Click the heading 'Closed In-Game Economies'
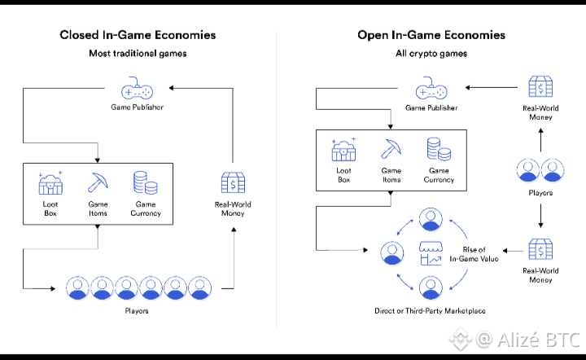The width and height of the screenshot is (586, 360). point(138,35)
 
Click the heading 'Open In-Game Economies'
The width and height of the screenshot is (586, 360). point(431,35)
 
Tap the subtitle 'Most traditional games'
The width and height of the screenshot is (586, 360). point(138,54)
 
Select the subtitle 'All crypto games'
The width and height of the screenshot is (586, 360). point(431,54)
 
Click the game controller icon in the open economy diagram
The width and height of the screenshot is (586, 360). point(431,89)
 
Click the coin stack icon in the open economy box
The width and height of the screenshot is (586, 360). point(438,150)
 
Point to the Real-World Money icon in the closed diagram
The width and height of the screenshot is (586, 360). point(234,182)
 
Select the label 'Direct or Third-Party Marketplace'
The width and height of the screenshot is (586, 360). point(430,310)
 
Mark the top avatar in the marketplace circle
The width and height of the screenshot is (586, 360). point(430,217)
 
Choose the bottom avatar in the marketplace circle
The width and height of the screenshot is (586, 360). point(430,287)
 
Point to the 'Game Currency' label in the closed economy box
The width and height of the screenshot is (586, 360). point(146,209)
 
